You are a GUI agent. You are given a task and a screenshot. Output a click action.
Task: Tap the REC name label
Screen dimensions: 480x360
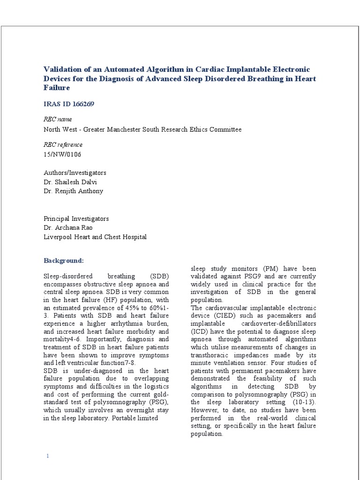pyautogui.click(x=58, y=119)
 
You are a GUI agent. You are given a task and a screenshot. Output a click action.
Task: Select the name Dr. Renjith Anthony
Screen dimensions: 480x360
pyautogui.click(x=73, y=191)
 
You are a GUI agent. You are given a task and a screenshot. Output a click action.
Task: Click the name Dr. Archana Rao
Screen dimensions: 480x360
pyautogui.click(x=68, y=228)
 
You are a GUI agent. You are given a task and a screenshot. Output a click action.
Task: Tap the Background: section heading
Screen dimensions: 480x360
pyautogui.click(x=64, y=260)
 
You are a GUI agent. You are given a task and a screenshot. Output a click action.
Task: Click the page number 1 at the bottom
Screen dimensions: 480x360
pyautogui.click(x=47, y=456)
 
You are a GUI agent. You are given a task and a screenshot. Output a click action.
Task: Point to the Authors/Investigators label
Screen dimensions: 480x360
pyautogui.click(x=75, y=172)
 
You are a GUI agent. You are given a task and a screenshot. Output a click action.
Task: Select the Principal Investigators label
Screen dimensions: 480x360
pyautogui.click(x=76, y=218)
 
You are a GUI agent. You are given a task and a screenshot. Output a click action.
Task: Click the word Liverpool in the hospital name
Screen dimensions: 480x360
pyautogui.click(x=57, y=237)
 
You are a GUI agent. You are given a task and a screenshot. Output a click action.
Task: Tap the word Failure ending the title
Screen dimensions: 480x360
pyautogui.click(x=57, y=88)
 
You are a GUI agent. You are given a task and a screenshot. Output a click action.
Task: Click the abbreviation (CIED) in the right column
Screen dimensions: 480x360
pyautogui.click(x=220, y=316)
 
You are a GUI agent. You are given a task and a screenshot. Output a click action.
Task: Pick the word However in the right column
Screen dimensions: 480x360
pyautogui.click(x=204, y=410)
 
